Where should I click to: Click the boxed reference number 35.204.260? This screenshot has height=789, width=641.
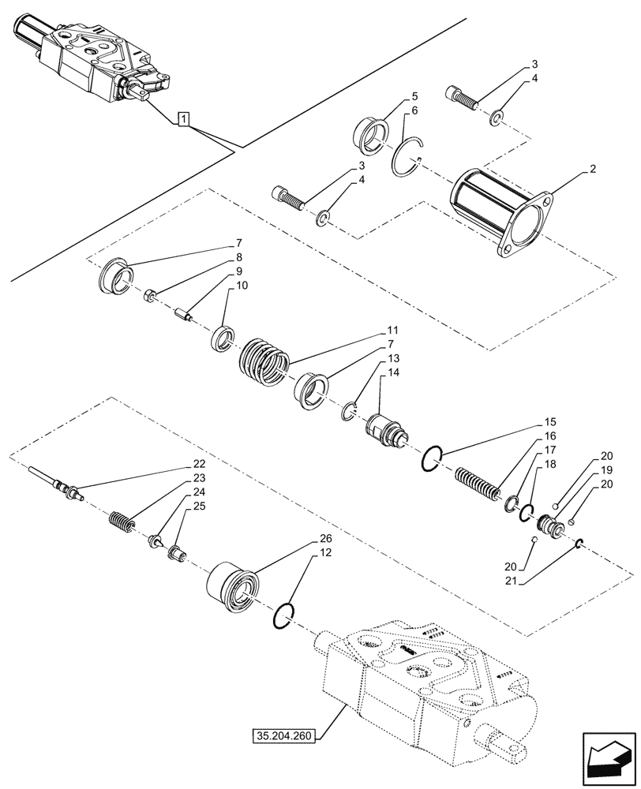pyautogui.click(x=283, y=737)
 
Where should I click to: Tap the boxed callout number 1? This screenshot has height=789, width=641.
pyautogui.click(x=183, y=120)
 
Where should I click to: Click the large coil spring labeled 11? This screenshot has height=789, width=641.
pyautogui.click(x=264, y=363)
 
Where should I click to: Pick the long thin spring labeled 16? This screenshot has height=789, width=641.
pyautogui.click(x=478, y=483)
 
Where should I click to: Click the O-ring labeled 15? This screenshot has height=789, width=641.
pyautogui.click(x=431, y=458)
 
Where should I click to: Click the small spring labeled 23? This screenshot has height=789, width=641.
pyautogui.click(x=119, y=522)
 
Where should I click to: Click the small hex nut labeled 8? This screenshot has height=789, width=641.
pyautogui.click(x=150, y=296)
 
